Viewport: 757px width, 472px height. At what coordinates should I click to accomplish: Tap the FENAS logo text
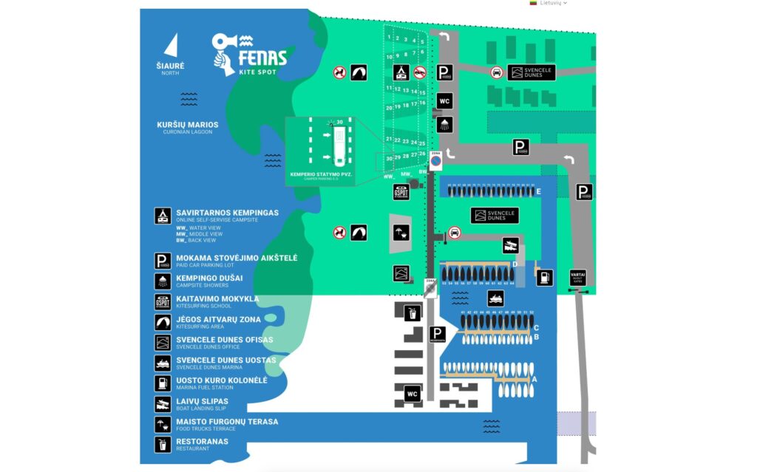pos(262,57)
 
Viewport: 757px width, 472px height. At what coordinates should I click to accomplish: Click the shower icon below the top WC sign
pos(444,123)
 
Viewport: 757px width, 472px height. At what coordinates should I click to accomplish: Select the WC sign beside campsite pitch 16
pos(444,100)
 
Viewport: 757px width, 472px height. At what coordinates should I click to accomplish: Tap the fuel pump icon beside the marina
pos(544,277)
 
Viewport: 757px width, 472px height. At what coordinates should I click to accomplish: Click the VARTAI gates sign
pos(578,277)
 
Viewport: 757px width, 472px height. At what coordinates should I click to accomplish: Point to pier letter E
pos(539,191)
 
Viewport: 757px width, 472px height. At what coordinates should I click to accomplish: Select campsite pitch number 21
pos(389,139)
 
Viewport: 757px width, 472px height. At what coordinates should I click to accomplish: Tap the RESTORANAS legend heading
pos(202,442)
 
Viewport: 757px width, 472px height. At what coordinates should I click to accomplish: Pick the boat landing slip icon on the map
pos(509,244)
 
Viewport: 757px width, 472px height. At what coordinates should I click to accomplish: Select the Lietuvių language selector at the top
pos(549,3)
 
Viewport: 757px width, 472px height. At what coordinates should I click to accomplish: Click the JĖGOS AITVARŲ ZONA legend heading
pos(218,319)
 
